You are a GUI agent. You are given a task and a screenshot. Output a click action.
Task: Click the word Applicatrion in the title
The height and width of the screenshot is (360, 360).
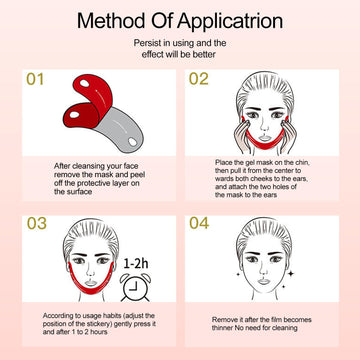tap(230, 22)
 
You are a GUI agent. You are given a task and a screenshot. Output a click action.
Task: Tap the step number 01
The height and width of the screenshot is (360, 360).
tap(35, 79)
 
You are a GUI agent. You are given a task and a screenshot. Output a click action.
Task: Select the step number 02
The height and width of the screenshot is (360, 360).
tap(199, 79)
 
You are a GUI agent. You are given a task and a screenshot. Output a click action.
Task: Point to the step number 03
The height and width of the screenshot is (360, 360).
tap(37, 224)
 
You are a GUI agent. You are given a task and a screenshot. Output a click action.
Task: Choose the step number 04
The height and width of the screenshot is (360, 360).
tap(199, 223)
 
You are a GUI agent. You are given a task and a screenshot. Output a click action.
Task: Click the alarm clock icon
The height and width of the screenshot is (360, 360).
tap(135, 286)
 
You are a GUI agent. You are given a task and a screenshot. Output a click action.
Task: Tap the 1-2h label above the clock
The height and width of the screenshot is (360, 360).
tap(136, 264)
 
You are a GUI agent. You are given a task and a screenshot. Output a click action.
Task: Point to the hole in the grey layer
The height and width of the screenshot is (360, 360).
tap(133, 142)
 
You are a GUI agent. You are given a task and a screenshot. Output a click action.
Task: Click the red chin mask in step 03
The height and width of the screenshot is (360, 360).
tap(91, 285)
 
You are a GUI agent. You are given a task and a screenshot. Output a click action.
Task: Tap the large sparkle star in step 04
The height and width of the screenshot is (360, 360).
tap(291, 274)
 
